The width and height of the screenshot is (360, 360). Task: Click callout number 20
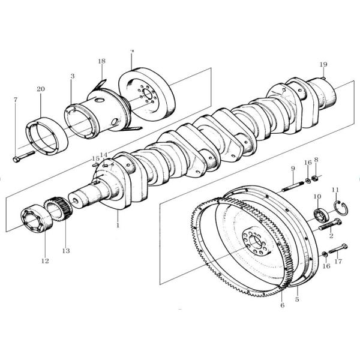click(41, 89)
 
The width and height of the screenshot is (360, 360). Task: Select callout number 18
click(101, 61)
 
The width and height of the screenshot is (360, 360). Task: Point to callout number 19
click(323, 64)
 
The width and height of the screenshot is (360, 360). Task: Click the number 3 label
click(72, 76)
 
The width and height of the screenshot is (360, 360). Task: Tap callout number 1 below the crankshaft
click(118, 226)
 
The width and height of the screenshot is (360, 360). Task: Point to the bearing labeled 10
click(320, 214)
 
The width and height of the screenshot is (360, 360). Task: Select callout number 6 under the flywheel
click(282, 305)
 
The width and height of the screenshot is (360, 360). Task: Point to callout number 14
click(104, 155)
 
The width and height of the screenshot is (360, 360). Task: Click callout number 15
click(95, 159)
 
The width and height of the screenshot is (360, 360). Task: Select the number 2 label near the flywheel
click(331, 238)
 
